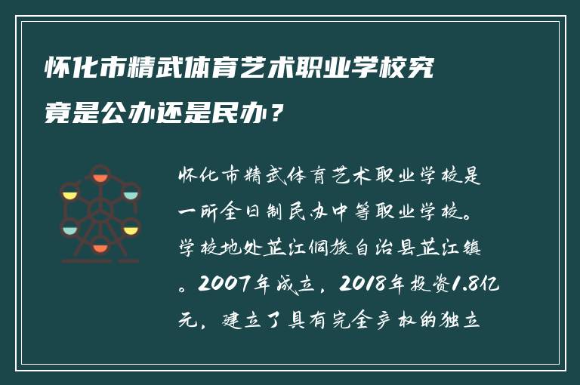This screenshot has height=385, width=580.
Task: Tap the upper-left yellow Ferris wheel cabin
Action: (70, 194)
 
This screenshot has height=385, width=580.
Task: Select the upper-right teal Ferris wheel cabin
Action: (131, 194)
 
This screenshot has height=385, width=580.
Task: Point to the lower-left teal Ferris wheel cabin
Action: (69, 228)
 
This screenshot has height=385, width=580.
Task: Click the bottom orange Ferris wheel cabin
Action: (100, 247)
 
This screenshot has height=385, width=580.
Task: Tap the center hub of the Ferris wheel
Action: (100, 211)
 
